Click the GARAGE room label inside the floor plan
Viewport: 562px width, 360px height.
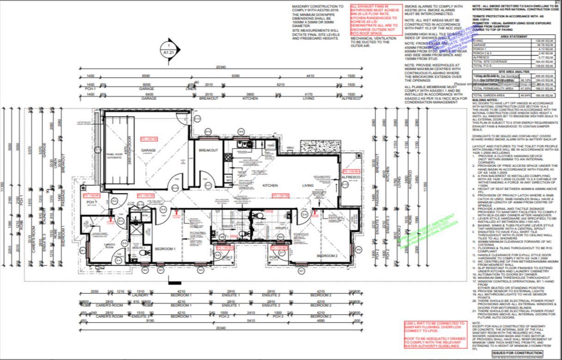(148, 150)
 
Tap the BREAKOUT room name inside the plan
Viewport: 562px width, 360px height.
(209, 150)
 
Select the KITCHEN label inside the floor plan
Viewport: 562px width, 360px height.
(270, 185)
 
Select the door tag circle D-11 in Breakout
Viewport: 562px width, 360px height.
(208, 186)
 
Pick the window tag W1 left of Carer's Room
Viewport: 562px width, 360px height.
(83, 250)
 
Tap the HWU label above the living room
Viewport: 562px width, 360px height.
(290, 148)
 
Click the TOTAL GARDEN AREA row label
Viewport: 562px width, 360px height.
(487, 95)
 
